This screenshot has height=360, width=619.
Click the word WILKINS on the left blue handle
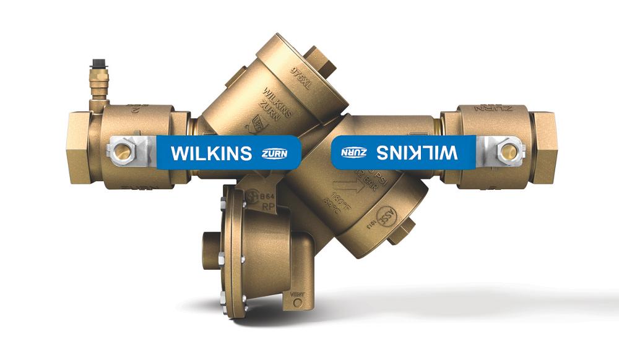[x=210, y=152]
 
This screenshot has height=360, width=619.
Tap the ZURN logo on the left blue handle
[x=271, y=153]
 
